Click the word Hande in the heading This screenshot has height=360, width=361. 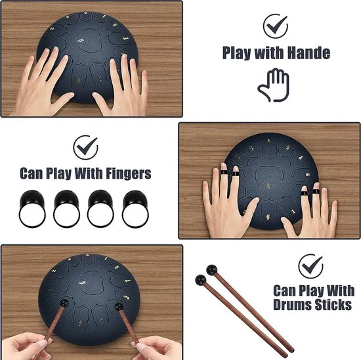click(309, 53)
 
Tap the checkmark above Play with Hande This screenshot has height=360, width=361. click(276, 26)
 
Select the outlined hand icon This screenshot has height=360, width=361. click(274, 85)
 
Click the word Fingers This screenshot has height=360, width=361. click(129, 173)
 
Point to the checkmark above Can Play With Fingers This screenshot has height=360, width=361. click(85, 147)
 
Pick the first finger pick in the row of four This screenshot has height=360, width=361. click(32, 208)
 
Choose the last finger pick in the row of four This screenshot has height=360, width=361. click(135, 209)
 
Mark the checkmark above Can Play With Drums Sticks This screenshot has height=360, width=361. click(311, 266)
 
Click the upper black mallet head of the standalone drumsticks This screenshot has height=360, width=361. click(212, 270)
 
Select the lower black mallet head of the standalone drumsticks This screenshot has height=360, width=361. click(201, 280)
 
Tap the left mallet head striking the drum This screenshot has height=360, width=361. click(64, 304)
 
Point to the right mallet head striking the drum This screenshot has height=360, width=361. click(119, 307)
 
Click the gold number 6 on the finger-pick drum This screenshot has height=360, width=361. click(268, 217)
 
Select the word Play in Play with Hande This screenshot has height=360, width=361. click(237, 53)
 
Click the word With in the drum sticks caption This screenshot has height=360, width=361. click(340, 290)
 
